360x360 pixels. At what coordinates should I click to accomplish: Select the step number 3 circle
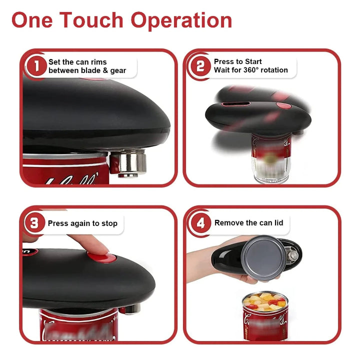coord(34,223)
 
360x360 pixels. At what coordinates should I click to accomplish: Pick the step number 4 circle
coord(200,223)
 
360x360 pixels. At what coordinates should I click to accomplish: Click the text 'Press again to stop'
coord(82,223)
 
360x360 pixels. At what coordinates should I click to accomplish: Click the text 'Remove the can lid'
coord(248,223)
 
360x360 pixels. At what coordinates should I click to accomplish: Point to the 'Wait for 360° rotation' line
coord(251,70)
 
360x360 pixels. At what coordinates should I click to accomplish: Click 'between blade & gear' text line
coord(87,70)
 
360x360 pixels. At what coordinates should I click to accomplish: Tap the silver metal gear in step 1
coord(127,162)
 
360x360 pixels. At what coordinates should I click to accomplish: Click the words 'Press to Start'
coord(238,61)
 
